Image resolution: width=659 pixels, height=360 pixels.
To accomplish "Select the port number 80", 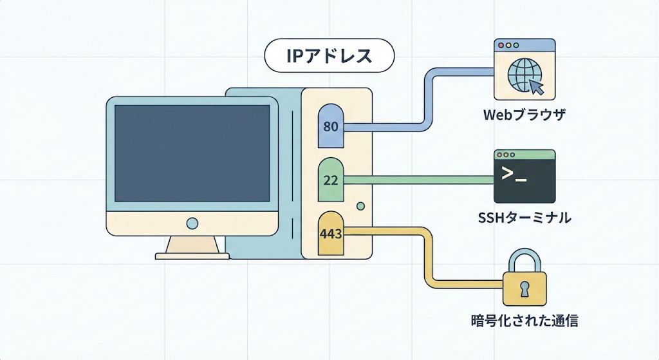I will coord(331,126).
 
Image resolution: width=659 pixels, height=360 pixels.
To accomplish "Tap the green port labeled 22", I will coord(331,180).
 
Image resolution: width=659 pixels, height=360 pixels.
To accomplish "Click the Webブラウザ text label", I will coord(524,116).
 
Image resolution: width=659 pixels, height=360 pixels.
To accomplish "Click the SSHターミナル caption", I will coord(524,218).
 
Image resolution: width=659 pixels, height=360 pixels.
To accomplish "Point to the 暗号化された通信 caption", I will coord(524,320).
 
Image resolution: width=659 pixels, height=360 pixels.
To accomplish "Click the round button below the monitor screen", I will coord(192,223).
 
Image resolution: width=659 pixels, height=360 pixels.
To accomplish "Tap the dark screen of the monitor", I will coord(192,153).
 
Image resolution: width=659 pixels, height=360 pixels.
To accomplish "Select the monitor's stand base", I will coord(192,255).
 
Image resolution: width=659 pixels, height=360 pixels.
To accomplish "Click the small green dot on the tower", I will coord(360,205).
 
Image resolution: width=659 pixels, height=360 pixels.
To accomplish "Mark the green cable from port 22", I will coord(418,180).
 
